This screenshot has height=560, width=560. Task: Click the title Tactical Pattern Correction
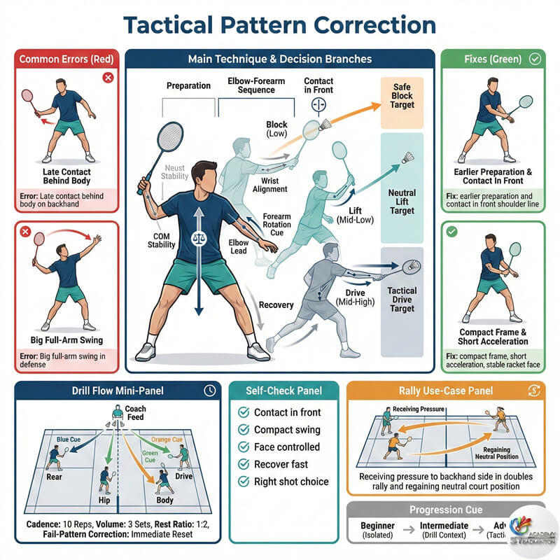pos(280,24)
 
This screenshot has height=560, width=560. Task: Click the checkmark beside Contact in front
pos(244,413)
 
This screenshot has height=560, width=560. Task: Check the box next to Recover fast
pos(244,464)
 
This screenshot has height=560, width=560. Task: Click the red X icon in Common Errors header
pos(108,77)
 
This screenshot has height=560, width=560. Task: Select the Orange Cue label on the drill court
pos(167,440)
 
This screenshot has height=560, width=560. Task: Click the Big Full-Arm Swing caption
pos(67,340)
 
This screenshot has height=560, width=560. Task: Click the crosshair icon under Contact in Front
pos(318,105)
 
